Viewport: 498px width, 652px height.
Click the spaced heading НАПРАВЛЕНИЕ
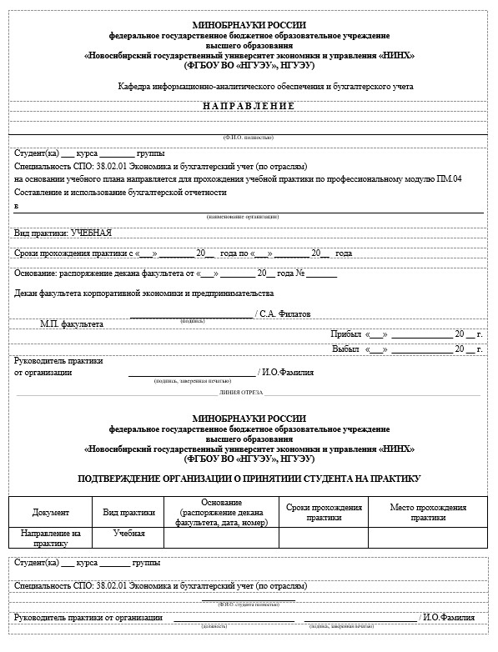coord(249,106)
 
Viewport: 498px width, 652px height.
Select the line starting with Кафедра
coord(265,86)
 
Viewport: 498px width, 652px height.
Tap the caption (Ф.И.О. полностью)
coord(248,137)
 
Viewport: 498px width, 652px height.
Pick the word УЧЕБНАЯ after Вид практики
coord(92,233)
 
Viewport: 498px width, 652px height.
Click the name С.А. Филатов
coord(285,314)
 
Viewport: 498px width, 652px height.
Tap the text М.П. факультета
coord(73,323)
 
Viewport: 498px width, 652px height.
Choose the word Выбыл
coord(347,349)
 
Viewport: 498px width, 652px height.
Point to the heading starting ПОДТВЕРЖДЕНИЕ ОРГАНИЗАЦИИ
coord(249,479)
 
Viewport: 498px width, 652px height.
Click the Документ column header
coord(51,512)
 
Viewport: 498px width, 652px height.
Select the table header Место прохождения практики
coord(428,512)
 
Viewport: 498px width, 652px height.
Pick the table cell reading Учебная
coord(129,533)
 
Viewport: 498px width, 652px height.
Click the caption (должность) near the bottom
coord(213,624)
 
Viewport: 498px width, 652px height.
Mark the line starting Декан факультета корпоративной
coord(144,293)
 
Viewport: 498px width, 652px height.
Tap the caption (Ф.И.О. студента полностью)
coord(248,604)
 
